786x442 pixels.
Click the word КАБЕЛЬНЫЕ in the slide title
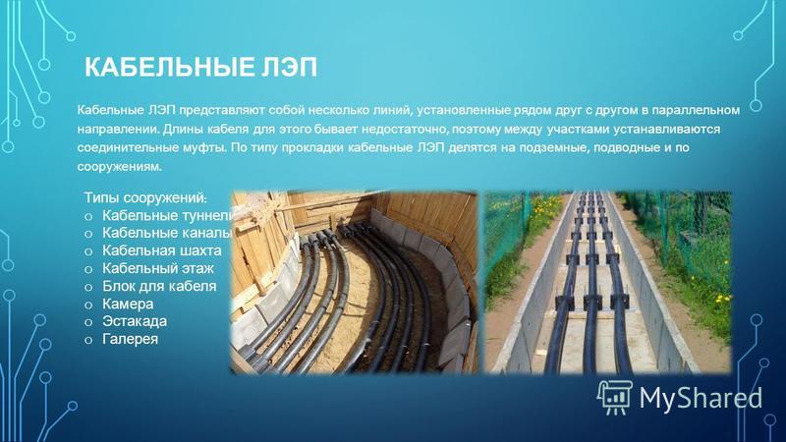point(169,67)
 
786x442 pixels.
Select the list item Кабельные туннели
point(168,215)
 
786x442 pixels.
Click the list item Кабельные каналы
point(167,233)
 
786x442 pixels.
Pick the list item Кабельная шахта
point(162,250)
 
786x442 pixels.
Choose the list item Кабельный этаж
point(158,268)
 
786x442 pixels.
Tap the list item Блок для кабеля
point(159,286)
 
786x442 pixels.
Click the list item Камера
point(128,304)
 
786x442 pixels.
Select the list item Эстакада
point(135,321)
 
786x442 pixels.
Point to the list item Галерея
point(131,339)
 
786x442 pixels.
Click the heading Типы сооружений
point(145,198)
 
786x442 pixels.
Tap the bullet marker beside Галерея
point(88,340)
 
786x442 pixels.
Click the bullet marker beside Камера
point(88,305)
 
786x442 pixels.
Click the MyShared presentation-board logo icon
point(615,398)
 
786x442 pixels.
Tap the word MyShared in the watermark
point(701,398)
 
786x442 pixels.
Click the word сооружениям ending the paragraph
point(119,167)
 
